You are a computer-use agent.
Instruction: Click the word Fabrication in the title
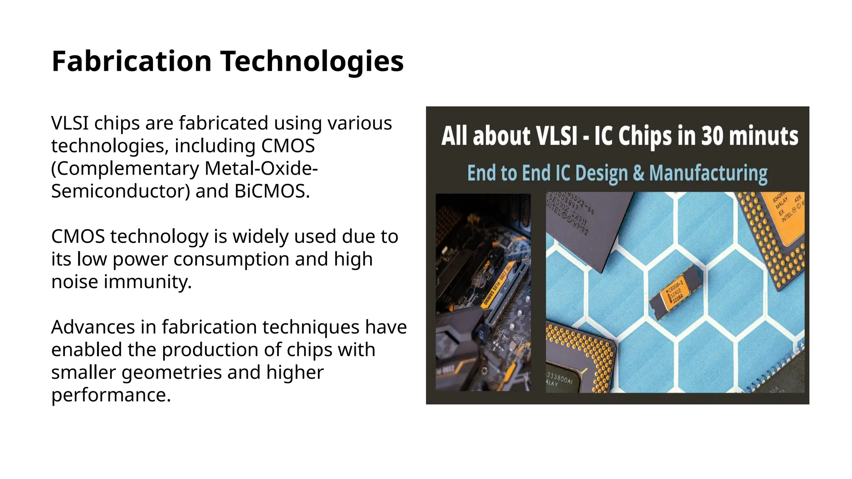[x=131, y=61]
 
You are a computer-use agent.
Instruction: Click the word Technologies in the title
[x=312, y=61]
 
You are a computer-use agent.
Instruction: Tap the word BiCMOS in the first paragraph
[x=272, y=191]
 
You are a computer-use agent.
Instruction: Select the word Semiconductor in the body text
[x=121, y=191]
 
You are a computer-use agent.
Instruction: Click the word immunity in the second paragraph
[x=148, y=281]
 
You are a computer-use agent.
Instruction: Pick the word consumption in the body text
[x=231, y=259]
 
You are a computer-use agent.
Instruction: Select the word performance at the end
[x=111, y=395]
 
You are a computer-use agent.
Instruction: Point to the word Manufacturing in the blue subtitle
[x=708, y=173]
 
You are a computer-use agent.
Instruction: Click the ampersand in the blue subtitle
[x=639, y=173]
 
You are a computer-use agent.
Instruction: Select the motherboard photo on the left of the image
[x=483, y=292]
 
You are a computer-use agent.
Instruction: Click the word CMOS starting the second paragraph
[x=78, y=237]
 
